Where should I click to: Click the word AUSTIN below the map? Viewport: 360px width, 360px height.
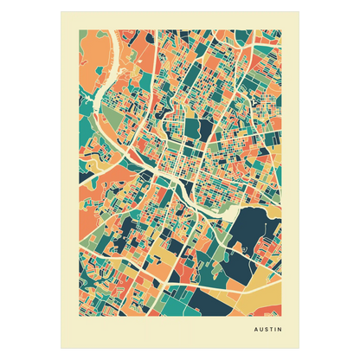(x=267, y=330)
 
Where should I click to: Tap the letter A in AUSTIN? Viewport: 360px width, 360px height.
(x=254, y=330)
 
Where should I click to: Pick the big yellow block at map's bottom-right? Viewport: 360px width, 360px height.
(x=260, y=299)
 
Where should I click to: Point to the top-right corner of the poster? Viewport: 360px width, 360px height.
(x=299, y=10)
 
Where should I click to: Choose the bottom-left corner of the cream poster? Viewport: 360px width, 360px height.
(x=61, y=350)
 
